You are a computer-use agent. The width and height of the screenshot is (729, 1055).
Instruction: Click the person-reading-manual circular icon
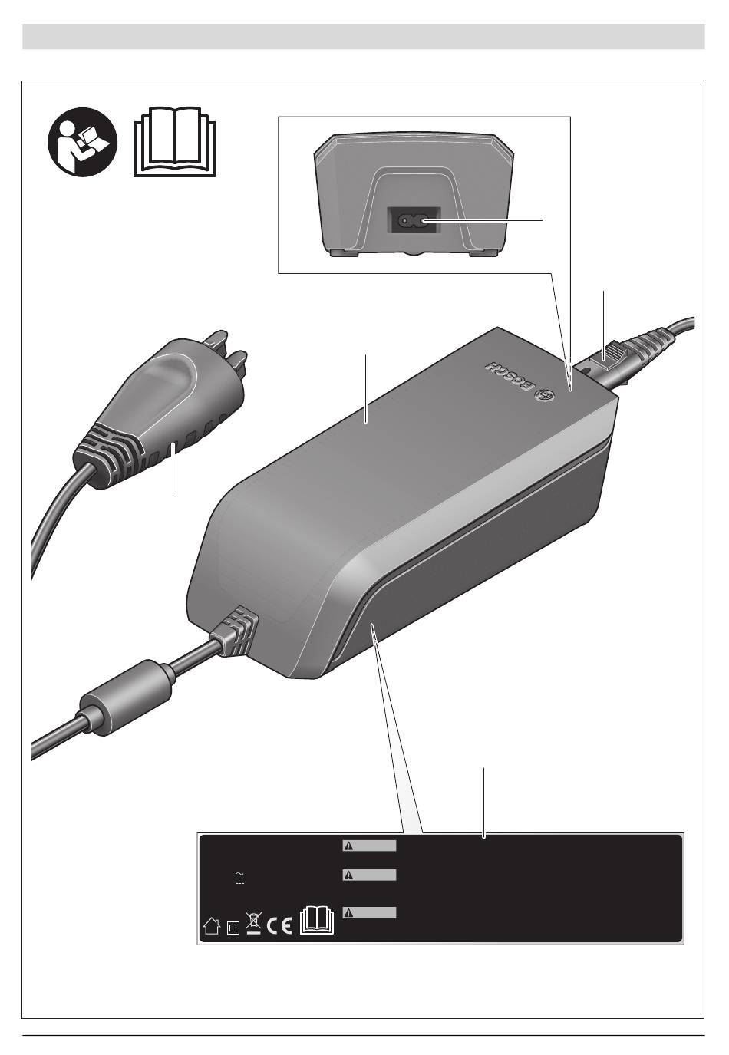point(82,142)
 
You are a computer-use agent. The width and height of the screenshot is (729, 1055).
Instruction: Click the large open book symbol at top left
point(175,142)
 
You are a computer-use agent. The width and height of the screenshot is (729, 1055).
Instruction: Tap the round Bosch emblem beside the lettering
point(546,394)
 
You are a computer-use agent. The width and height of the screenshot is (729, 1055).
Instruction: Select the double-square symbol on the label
point(233,928)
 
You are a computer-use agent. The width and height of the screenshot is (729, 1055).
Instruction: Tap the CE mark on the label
point(279,925)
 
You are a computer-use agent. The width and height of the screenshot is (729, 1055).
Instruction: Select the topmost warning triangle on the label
point(348,846)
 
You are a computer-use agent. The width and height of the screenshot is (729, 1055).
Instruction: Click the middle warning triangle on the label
point(348,875)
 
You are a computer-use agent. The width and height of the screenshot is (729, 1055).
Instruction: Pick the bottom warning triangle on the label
point(348,913)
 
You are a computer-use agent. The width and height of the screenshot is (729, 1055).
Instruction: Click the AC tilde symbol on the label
point(239,873)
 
